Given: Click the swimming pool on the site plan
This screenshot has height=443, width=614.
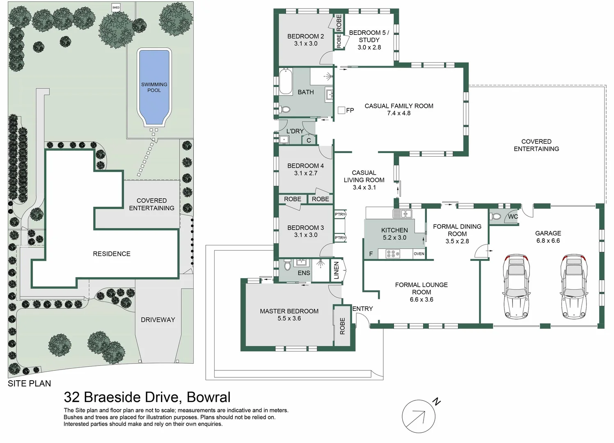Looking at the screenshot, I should click(154, 87).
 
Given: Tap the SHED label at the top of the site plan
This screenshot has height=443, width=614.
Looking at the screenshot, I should click(116, 7).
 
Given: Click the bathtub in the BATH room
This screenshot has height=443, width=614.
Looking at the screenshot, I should click(286, 82).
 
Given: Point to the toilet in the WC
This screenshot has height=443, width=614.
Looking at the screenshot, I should click(496, 216).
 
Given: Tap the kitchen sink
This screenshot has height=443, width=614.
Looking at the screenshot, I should click(402, 213).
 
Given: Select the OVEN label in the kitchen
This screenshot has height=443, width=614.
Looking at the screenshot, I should click(419, 254).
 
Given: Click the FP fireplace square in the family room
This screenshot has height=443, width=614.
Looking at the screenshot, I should click(341, 110).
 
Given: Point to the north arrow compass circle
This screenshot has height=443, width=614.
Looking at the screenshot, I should click(418, 416).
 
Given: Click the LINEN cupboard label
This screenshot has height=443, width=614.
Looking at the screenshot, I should click(337, 270).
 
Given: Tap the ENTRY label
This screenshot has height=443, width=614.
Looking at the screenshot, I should click(362, 308).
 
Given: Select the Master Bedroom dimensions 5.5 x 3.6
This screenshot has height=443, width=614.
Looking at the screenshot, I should click(289, 318).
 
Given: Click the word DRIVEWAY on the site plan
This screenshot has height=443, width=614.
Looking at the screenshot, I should click(158, 320).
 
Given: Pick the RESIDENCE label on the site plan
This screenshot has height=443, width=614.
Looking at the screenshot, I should click(112, 254).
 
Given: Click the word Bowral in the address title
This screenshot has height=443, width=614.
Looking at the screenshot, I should click(208, 397).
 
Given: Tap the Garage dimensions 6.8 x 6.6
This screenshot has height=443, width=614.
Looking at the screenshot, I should click(548, 241).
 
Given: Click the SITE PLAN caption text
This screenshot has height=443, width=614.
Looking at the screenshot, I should click(30, 384).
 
